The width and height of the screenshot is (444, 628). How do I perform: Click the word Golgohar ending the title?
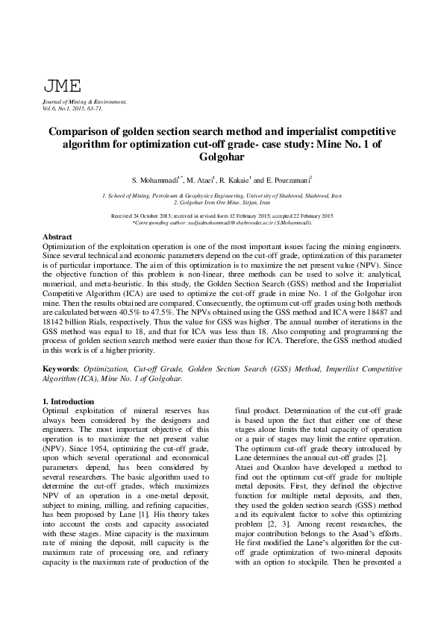(x=221, y=157)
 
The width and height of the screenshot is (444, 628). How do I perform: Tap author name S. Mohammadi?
(x=155, y=181)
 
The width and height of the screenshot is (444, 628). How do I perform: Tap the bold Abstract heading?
(x=57, y=236)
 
